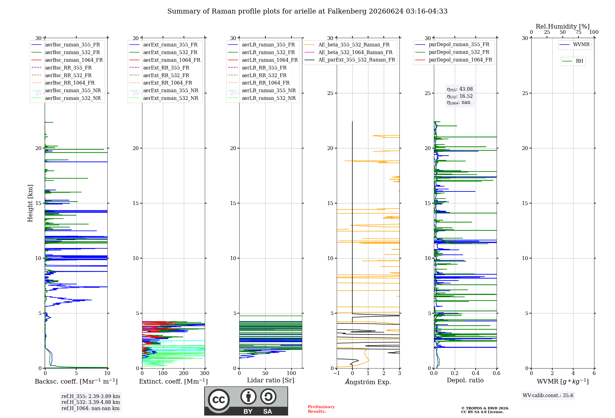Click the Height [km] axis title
30,203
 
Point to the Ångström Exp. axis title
368,382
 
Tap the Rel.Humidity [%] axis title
563,26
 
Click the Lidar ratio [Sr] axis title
271,381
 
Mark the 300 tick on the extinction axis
204,373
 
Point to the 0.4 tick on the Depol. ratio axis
476,373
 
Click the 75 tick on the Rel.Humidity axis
578,32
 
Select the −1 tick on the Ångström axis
336,373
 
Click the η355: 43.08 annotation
460,89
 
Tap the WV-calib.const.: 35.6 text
548,396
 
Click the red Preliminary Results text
321,409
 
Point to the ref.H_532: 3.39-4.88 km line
91,402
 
